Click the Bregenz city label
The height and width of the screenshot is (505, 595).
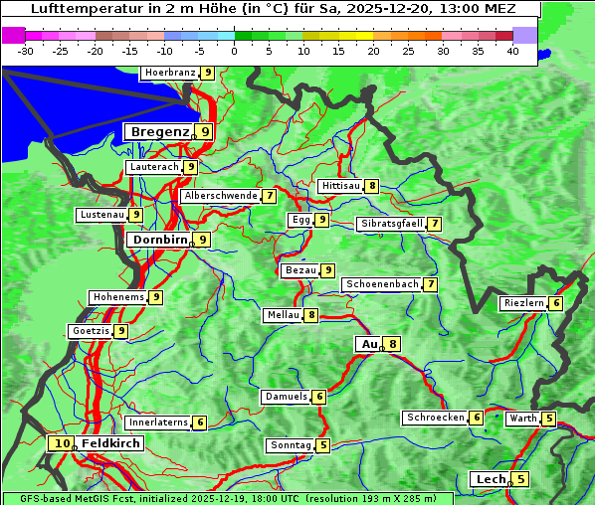click(158, 131)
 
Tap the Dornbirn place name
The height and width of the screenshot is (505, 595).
click(158, 240)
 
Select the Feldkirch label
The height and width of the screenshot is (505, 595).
click(110, 443)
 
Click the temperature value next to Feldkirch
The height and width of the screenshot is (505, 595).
click(62, 443)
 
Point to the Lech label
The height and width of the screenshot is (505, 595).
click(490, 479)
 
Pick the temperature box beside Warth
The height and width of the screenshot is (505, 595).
click(549, 419)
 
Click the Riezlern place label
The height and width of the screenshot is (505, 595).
click(522, 303)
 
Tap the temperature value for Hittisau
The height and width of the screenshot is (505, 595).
click(371, 186)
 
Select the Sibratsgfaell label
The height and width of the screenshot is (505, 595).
click(391, 224)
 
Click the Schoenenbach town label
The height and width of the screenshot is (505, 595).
click(381, 284)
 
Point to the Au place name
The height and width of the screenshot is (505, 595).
click(368, 344)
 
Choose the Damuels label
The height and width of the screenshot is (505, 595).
click(285, 397)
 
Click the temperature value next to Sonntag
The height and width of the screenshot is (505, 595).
click(323, 445)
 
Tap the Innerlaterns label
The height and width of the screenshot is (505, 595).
click(158, 422)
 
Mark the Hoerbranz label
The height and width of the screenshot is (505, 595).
click(168, 73)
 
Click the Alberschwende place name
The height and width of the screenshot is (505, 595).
click(220, 196)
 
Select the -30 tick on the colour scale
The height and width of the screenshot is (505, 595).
click(26, 51)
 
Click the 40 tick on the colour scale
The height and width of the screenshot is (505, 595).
click(512, 51)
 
